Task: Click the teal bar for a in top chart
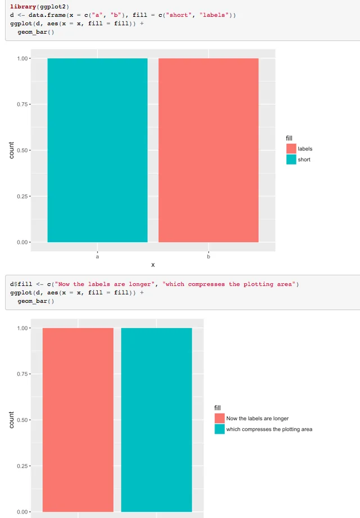(x=97, y=150)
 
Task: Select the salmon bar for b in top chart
(x=208, y=150)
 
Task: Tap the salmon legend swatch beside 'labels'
(x=291, y=149)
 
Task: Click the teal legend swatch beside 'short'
(x=291, y=160)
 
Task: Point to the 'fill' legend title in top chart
(x=289, y=138)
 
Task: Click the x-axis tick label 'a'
(x=97, y=257)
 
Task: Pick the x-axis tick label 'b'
(x=208, y=257)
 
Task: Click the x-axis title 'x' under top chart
(x=153, y=265)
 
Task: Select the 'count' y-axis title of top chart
(x=12, y=150)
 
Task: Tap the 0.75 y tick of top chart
(x=22, y=104)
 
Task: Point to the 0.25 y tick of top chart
(x=22, y=196)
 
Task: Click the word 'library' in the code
(x=22, y=6)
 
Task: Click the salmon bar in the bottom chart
(x=78, y=420)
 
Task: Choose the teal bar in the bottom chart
(x=157, y=420)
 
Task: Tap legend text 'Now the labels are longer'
(x=257, y=419)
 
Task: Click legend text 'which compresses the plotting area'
(x=269, y=429)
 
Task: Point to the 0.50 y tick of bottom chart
(x=22, y=420)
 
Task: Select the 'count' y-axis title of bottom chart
(x=12, y=420)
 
